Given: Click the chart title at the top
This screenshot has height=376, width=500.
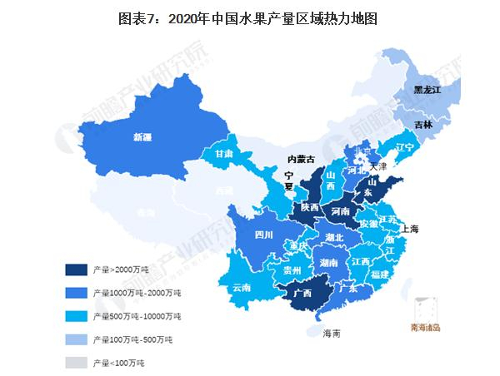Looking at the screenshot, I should click(249, 19).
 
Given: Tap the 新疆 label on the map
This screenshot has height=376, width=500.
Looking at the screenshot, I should click(143, 138).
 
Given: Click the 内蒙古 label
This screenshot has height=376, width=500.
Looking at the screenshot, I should click(301, 158).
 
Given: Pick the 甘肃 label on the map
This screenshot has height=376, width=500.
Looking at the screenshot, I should click(222, 155).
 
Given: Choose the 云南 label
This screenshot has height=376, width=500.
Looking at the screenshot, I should click(242, 287).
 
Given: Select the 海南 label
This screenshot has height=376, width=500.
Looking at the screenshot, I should click(331, 334).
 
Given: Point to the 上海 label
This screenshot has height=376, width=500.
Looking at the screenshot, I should click(411, 228).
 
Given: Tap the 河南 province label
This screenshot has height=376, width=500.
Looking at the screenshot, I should click(342, 212).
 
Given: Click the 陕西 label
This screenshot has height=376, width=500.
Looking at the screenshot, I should click(310, 207).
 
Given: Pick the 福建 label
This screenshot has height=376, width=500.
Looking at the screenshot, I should click(381, 274).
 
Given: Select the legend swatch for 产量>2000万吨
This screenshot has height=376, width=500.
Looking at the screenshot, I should click(77, 270).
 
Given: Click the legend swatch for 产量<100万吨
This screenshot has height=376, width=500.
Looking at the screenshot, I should click(77, 363).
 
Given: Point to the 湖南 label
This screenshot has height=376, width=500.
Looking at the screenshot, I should click(328, 263).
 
